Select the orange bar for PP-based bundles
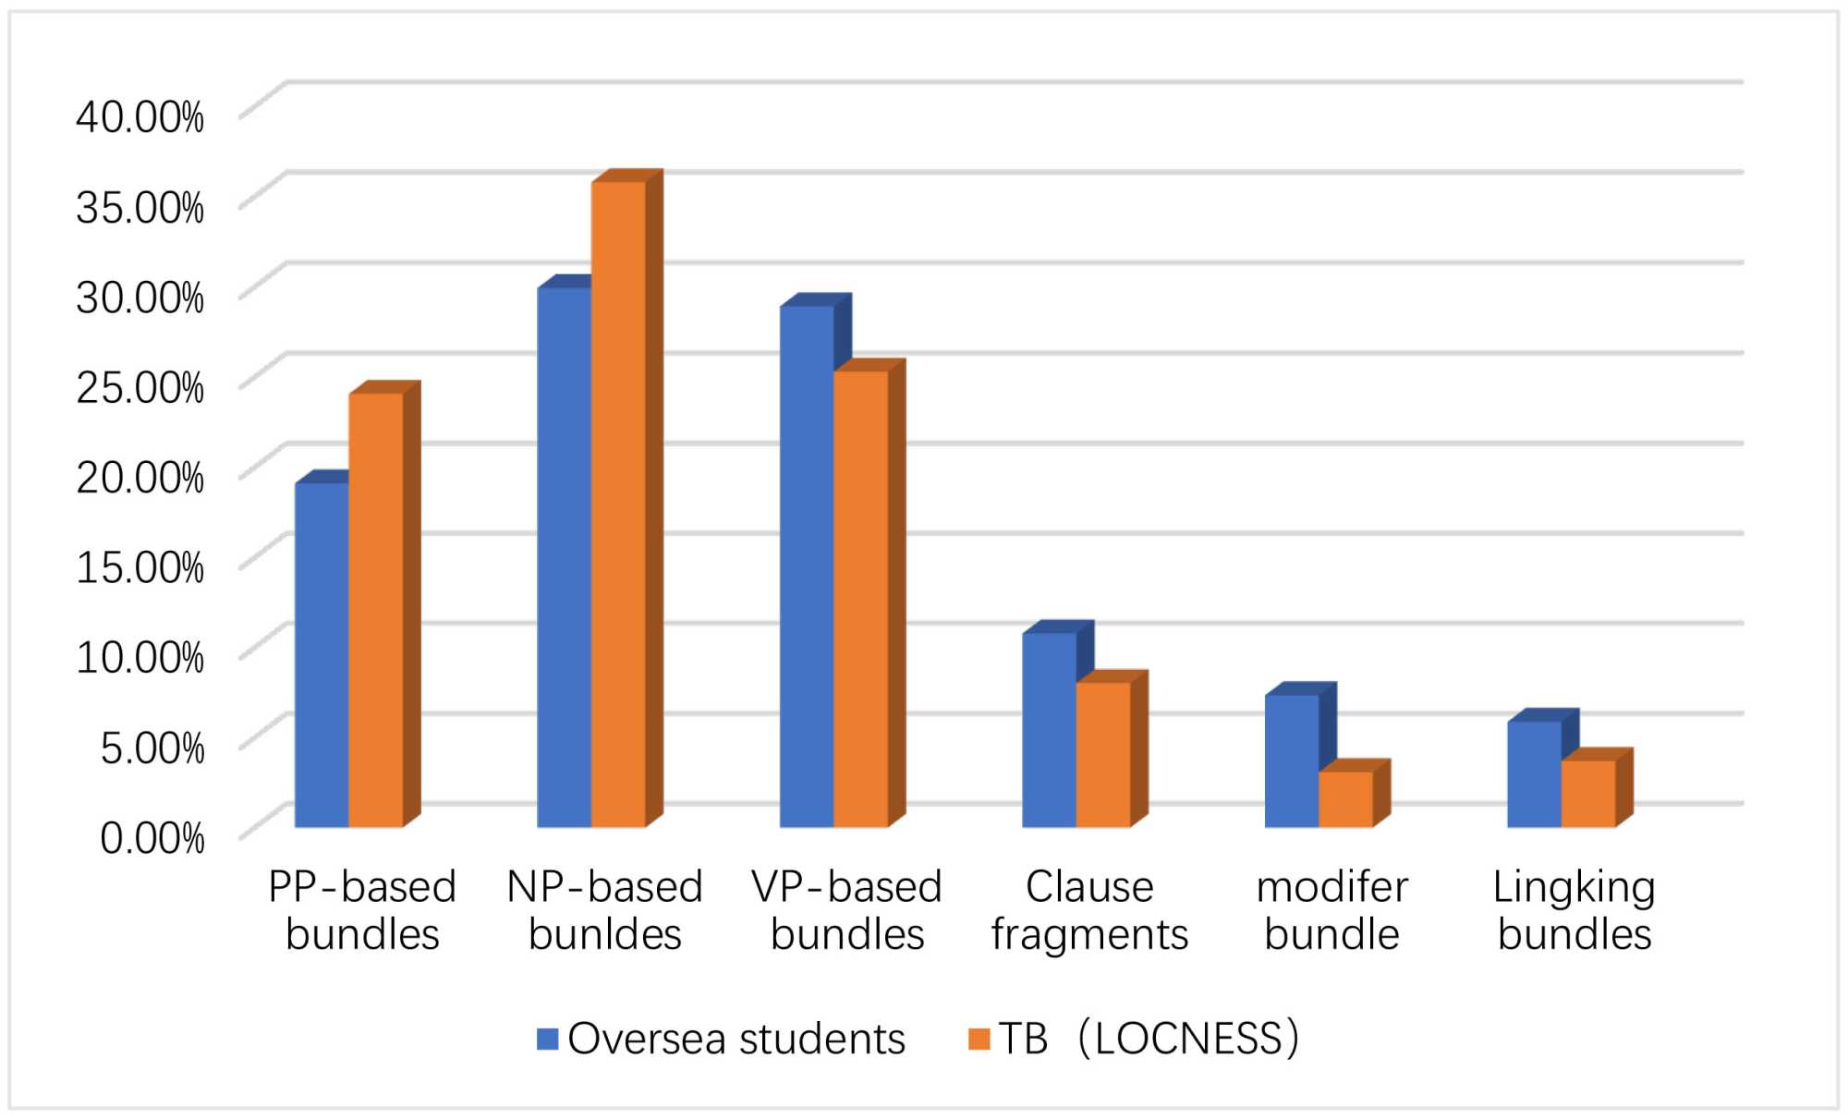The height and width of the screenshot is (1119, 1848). coord(376,610)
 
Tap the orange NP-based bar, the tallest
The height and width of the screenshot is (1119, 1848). coord(618,504)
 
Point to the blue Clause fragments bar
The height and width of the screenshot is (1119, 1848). coord(1049,730)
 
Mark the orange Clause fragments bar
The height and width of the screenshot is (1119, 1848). coord(1103,754)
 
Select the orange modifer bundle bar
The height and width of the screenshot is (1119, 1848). coord(1345,798)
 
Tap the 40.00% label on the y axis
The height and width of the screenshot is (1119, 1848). coord(140,117)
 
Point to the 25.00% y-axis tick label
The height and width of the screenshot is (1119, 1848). coord(140,386)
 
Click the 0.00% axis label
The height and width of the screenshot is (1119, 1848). coord(152,837)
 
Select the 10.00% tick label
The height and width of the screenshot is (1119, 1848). coord(140,657)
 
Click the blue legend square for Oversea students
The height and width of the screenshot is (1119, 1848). coord(548,1039)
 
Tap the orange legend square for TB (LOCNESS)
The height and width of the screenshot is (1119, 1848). coord(979,1039)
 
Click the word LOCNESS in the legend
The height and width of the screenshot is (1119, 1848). coord(1188,1039)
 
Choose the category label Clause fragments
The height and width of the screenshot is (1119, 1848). coord(1089,910)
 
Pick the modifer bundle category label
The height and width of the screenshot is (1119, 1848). coord(1331,910)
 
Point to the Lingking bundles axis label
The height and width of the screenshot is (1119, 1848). coord(1574,910)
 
